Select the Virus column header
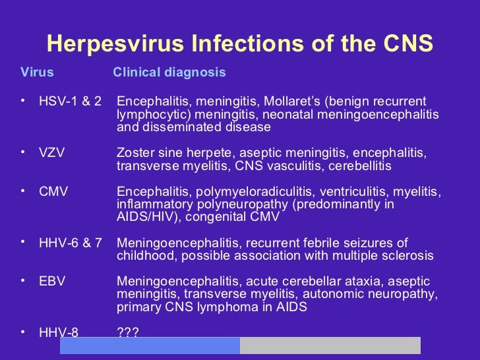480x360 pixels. point(37,73)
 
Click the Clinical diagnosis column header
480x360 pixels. point(169,73)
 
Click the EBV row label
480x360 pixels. point(52,282)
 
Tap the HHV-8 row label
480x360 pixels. point(59,332)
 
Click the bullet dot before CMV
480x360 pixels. point(22,191)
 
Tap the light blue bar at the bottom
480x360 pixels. point(150,345)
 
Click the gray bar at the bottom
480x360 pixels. point(330,345)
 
